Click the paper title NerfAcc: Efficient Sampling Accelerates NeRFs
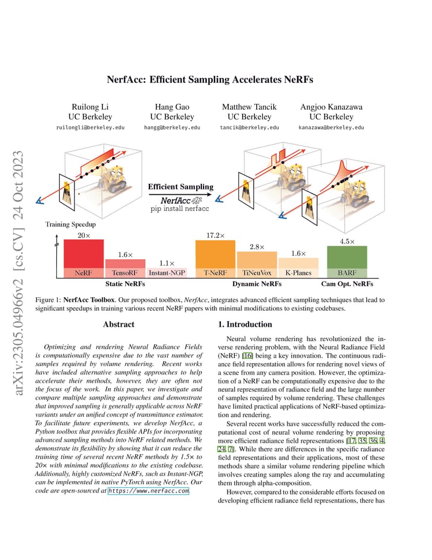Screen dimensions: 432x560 [x=210, y=79]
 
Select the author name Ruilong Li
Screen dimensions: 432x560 [x=90, y=107]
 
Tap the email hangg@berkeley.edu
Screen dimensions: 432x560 [x=172, y=127]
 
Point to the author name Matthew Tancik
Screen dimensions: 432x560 [x=249, y=107]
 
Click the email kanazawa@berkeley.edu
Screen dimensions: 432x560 [x=331, y=127]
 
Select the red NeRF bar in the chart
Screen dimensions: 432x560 [x=83, y=259]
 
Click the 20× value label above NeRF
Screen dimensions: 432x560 [x=84, y=236]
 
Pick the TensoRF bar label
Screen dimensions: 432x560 [x=125, y=273]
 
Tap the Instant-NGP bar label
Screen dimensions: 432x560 [x=167, y=273]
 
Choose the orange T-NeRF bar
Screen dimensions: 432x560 [x=215, y=259]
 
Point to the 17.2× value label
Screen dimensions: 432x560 [x=215, y=236]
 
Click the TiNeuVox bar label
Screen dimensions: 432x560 [x=257, y=273]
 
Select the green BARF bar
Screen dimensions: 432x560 [x=347, y=262]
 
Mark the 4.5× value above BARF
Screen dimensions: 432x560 [x=347, y=241]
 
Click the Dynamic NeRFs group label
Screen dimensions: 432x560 [x=257, y=284]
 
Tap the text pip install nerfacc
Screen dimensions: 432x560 [x=179, y=208]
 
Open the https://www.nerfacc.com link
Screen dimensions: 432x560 [x=148, y=491]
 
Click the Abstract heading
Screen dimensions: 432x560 [x=118, y=324]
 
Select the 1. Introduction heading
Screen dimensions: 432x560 [x=245, y=324]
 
